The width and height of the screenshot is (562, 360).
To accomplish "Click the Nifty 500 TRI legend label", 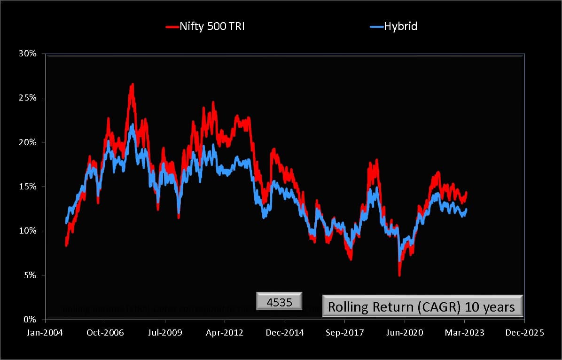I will tap(212, 26).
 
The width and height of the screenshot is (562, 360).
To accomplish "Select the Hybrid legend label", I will tap(400, 26).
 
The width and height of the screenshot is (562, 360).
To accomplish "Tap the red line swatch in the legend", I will tap(172, 27).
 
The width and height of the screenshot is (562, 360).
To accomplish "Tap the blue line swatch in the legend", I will tap(376, 27).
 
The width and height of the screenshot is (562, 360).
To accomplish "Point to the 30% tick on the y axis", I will tap(27, 54).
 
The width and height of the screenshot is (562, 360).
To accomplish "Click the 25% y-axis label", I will tap(27, 98).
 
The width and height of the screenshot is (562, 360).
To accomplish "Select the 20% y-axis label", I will tap(27, 142).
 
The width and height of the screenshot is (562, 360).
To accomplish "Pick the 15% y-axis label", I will tap(27, 187).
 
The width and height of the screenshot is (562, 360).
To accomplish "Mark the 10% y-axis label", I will tap(27, 231).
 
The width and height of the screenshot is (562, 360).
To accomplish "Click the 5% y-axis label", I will tap(29, 275).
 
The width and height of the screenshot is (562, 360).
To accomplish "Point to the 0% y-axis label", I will tap(29, 320).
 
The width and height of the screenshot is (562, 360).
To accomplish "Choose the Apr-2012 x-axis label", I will tap(225, 332).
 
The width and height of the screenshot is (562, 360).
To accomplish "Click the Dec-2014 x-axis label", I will tap(285, 332).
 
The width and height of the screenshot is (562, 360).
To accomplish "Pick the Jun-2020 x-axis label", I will tap(405, 332).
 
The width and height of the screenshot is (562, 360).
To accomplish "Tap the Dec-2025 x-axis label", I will tap(524, 332).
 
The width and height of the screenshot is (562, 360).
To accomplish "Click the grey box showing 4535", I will tap(280, 301).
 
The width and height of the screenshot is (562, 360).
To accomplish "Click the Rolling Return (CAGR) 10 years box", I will tap(422, 307).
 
